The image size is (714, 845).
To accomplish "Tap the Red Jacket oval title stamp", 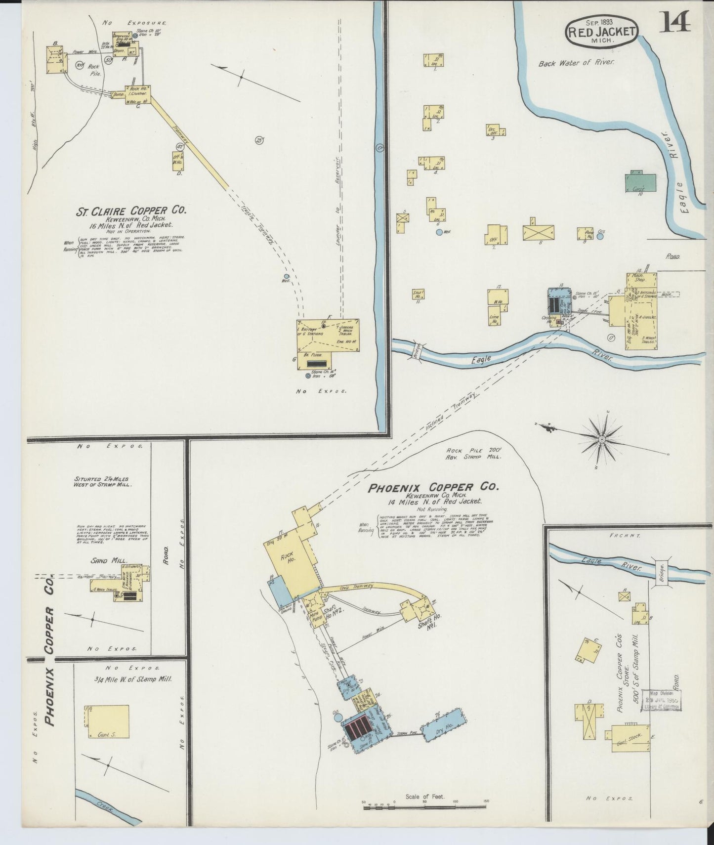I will click(x=601, y=32).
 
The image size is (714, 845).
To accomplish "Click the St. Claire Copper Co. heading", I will click(x=130, y=210).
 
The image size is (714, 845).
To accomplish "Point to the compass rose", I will click(x=602, y=438).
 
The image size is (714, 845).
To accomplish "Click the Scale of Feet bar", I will click(x=425, y=807).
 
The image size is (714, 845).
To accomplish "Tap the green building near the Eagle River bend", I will click(x=640, y=182).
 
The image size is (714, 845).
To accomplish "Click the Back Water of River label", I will click(x=576, y=63).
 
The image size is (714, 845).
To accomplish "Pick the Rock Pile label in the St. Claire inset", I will click(x=95, y=70).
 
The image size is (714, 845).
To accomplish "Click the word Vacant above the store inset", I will click(x=618, y=535).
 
